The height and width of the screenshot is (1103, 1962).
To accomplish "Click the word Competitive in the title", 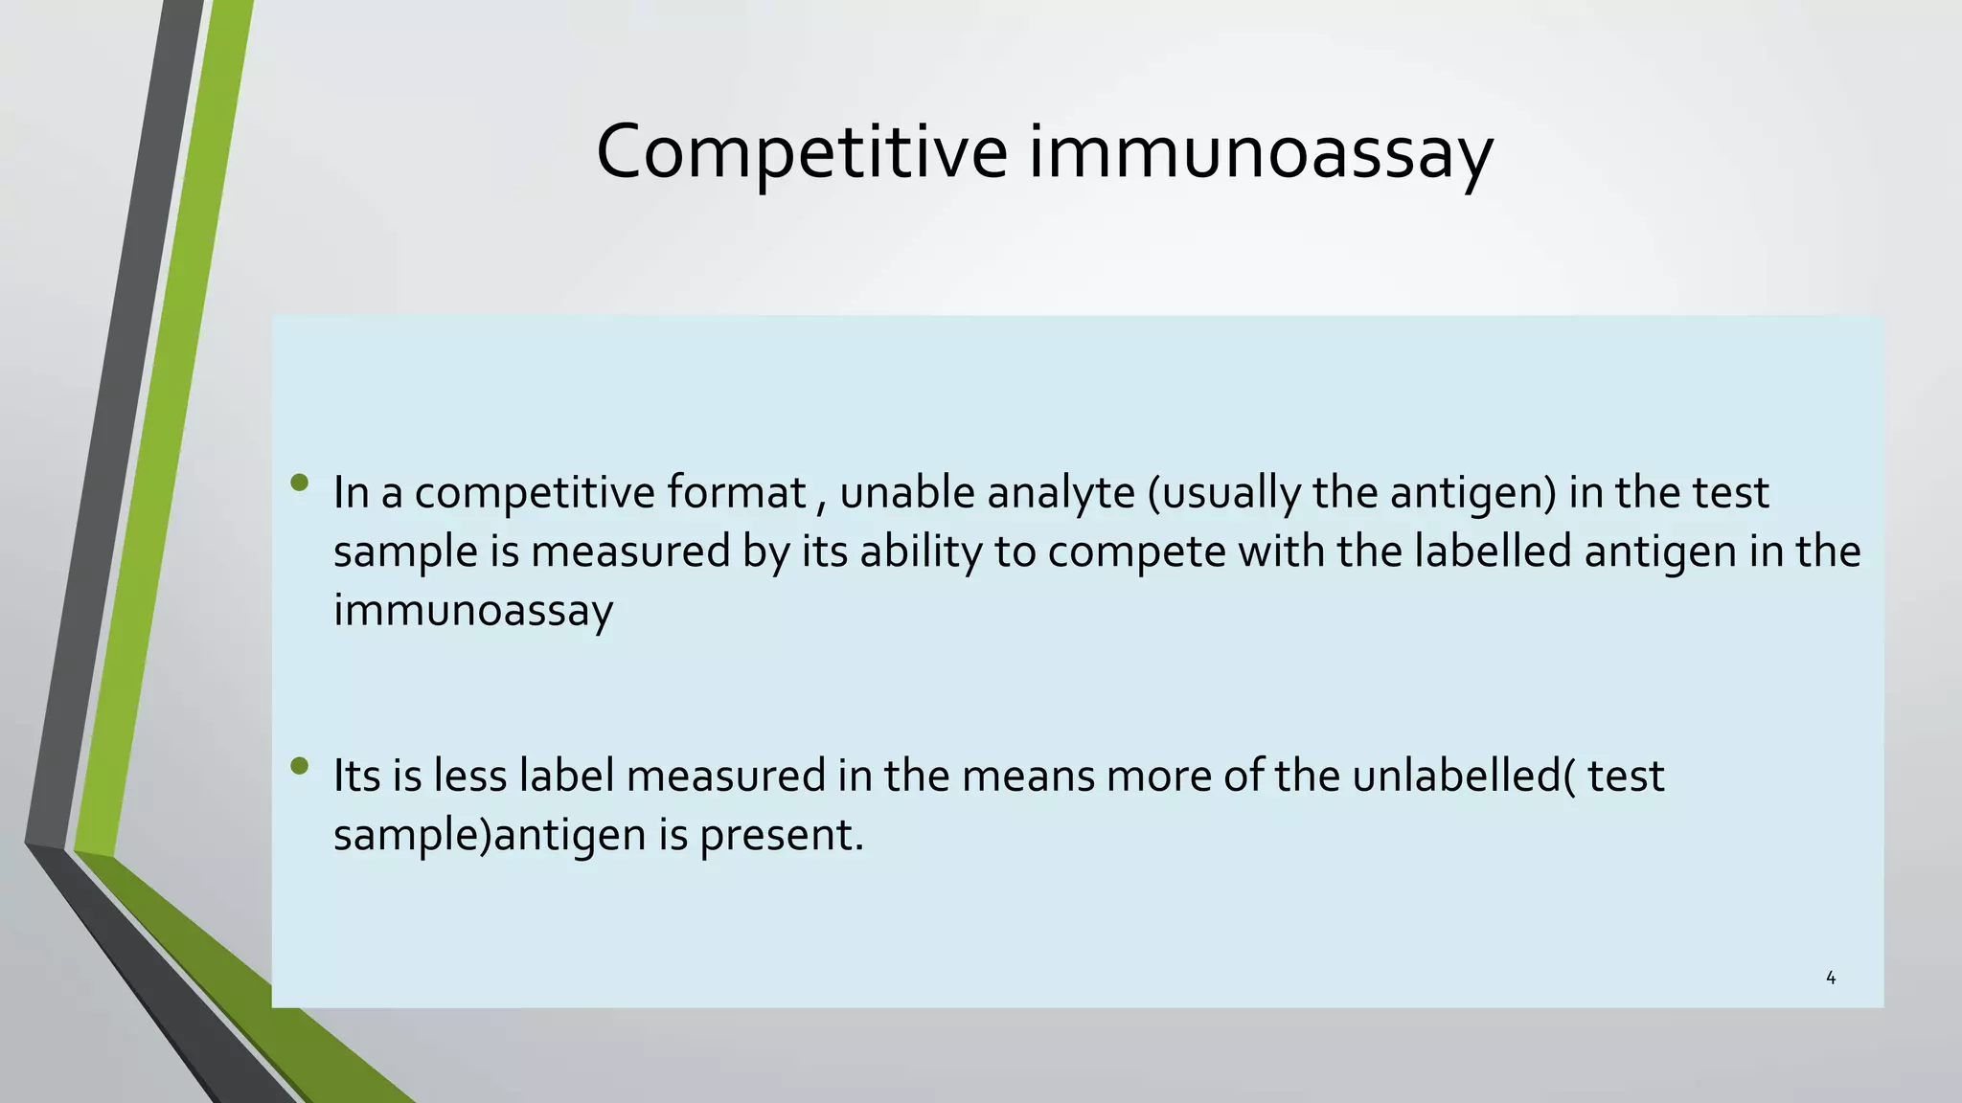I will tap(801, 151).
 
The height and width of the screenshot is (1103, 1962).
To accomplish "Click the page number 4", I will tap(1831, 978).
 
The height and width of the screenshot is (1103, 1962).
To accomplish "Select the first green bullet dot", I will tap(300, 483).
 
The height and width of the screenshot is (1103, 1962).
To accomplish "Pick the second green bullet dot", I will tap(300, 766).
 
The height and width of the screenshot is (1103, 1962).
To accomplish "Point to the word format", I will tap(736, 492).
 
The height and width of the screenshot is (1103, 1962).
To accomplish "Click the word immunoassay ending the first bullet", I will tap(472, 611).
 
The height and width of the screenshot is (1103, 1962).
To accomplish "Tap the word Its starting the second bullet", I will tap(355, 776).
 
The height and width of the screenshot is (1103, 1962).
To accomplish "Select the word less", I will tap(469, 776).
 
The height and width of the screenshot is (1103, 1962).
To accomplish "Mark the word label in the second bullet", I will tap(566, 776).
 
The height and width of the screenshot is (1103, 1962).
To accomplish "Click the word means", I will tap(1027, 776).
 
